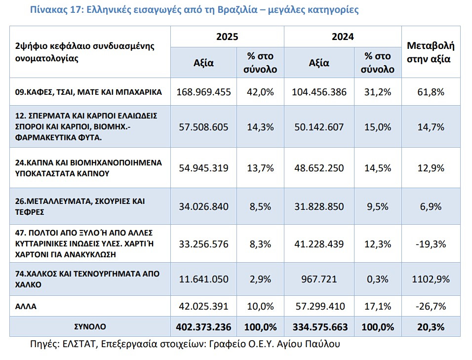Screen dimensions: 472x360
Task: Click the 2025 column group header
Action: coord(227,37)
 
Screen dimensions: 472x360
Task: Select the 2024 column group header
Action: coord(343,37)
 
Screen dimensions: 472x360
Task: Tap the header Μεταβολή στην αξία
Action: coord(431,52)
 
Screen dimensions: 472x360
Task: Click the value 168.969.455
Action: coord(204,92)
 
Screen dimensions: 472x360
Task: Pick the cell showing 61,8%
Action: coord(431,92)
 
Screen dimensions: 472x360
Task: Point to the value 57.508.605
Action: coord(204,127)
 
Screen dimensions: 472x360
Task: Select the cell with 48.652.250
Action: coord(319,168)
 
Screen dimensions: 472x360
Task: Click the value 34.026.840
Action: coord(204,206)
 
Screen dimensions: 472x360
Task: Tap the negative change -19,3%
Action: coord(431,244)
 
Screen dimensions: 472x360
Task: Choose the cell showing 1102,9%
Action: coord(431,279)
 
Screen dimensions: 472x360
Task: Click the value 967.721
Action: coord(319,279)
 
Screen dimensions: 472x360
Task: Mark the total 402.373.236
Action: coord(204,327)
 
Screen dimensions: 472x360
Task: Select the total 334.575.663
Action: coord(320,327)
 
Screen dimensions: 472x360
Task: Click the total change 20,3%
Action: coord(431,327)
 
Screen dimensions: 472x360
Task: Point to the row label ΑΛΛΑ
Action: coord(26,307)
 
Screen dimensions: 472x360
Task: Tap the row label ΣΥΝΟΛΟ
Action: coord(90,326)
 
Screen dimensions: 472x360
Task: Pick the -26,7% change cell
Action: coord(431,307)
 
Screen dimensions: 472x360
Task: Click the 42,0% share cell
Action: coord(260,92)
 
